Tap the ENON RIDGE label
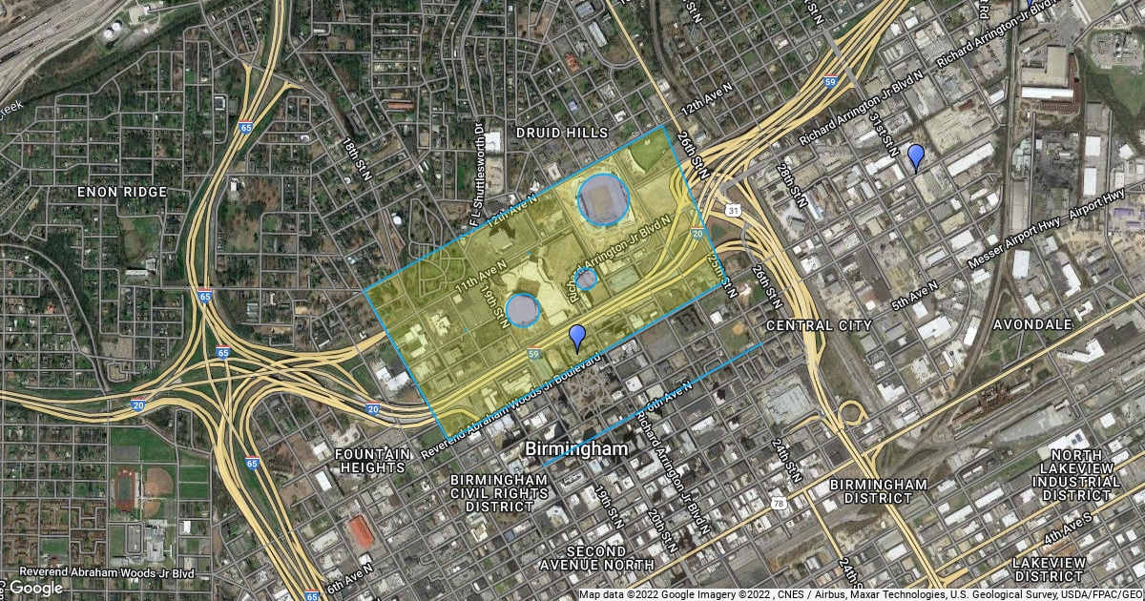pos(123,192)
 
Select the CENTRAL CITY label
pos(819,325)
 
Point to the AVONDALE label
pos(1032,324)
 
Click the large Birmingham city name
pos(576,448)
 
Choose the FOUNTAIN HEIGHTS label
pos(373,461)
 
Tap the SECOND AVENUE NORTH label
pos(597,559)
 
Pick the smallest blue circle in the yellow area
pos(587,279)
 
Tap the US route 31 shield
pos(732,210)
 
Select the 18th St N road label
pos(355,158)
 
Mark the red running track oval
pos(126,488)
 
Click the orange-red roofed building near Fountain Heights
pos(360,531)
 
